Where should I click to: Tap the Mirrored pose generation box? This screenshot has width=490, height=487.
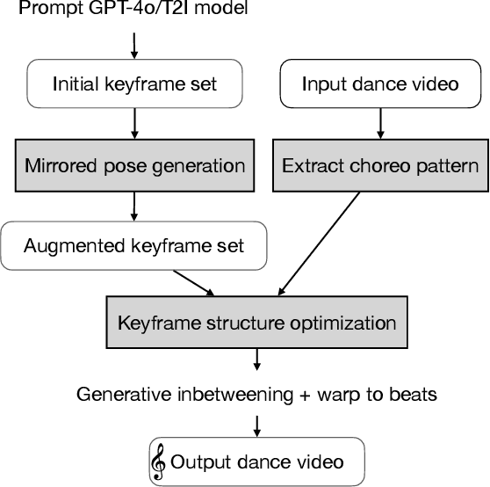click(x=133, y=165)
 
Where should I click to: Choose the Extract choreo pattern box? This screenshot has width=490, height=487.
click(x=379, y=165)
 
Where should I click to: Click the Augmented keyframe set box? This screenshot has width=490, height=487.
click(x=133, y=246)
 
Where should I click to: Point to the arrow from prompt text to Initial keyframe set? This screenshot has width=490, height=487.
click(x=133, y=45)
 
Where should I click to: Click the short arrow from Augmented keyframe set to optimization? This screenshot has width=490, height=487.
click(x=193, y=282)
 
